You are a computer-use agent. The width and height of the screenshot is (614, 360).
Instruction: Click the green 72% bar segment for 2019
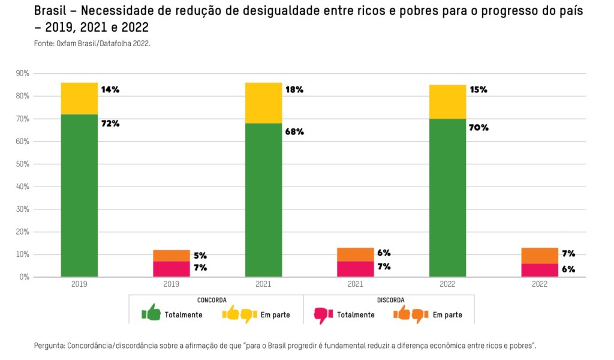tap(79, 196)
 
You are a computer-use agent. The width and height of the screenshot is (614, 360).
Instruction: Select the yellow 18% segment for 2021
tap(263, 103)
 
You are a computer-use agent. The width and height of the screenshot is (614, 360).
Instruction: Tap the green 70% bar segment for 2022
tap(447, 198)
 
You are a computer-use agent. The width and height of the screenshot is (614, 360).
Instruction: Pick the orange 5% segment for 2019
tap(171, 256)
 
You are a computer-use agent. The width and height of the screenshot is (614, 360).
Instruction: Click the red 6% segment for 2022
tap(540, 270)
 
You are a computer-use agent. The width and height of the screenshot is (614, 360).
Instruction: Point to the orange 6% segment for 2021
tap(356, 254)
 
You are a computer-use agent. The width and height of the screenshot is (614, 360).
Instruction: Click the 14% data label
tap(110, 90)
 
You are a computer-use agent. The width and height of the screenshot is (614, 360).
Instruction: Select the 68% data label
tap(294, 132)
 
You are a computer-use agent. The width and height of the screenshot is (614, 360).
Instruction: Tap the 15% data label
tap(478, 90)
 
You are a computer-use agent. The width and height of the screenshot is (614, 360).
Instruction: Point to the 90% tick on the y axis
tap(23, 73)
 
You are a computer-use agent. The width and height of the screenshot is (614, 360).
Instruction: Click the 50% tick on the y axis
tap(23, 164)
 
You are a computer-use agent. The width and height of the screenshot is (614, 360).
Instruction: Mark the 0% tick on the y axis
tap(25, 277)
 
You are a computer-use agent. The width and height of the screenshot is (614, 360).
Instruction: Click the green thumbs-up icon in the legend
tap(151, 313)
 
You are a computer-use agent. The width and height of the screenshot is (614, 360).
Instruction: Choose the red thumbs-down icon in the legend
tap(323, 314)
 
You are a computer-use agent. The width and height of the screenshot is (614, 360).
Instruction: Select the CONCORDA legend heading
tap(212, 300)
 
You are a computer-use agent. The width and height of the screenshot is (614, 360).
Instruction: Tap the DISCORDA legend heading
tap(390, 300)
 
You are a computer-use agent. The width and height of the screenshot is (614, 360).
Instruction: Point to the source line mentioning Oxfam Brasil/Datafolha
tap(92, 43)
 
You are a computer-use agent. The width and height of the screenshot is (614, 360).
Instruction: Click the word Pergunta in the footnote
tap(50, 346)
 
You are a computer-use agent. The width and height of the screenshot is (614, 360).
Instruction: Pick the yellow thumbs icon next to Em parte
tap(239, 314)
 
